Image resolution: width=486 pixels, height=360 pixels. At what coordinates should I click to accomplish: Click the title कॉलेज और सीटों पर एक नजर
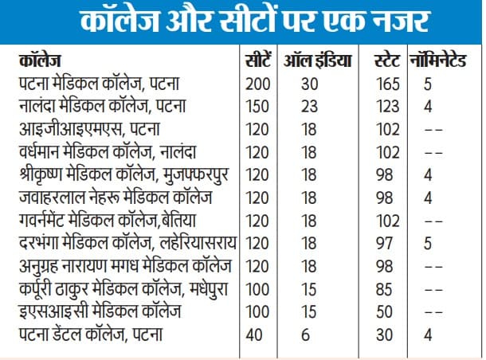click(x=242, y=22)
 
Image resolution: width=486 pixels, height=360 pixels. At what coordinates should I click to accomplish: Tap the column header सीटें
click(x=257, y=61)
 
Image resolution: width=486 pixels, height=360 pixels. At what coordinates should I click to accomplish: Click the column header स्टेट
click(x=388, y=61)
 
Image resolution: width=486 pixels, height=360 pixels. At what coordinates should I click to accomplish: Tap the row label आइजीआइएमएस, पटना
click(x=82, y=128)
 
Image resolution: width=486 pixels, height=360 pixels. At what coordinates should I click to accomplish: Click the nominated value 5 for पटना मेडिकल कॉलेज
click(x=429, y=83)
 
